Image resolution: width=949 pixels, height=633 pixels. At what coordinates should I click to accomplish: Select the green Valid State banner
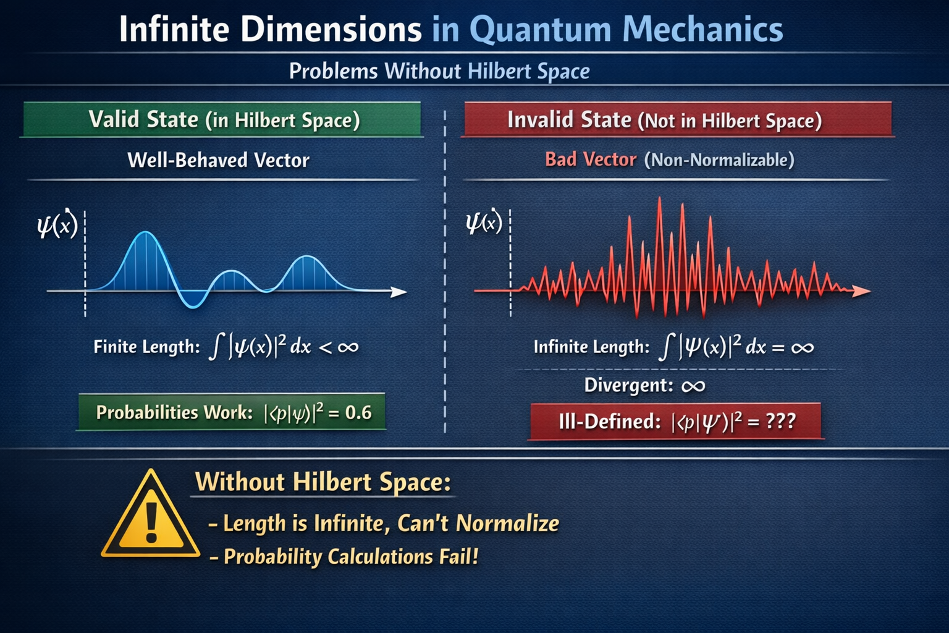(222, 119)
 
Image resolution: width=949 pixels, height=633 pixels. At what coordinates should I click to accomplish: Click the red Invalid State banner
(678, 119)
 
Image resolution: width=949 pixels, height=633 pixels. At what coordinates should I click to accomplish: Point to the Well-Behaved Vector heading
(219, 160)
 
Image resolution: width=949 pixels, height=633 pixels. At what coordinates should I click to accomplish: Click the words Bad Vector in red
(591, 159)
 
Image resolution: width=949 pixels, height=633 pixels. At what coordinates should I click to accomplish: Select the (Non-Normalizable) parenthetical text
(719, 160)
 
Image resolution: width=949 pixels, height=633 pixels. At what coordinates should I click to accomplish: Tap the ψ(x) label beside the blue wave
(57, 224)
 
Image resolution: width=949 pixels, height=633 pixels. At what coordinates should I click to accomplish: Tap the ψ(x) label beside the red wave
(484, 221)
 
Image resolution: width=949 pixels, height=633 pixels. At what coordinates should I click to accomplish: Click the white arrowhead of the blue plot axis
(399, 292)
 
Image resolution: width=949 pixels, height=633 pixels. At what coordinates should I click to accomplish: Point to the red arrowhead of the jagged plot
(861, 291)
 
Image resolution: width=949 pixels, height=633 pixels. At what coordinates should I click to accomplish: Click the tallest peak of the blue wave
(146, 232)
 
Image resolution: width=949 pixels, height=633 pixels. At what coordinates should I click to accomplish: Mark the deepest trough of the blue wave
(193, 306)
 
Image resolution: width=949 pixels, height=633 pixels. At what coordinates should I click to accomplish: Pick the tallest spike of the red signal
(660, 198)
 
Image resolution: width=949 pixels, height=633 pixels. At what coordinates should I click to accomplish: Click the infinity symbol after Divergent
(693, 386)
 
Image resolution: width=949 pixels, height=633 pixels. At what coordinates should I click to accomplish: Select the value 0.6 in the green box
(358, 412)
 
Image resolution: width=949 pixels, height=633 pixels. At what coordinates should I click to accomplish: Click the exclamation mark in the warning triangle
(151, 522)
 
